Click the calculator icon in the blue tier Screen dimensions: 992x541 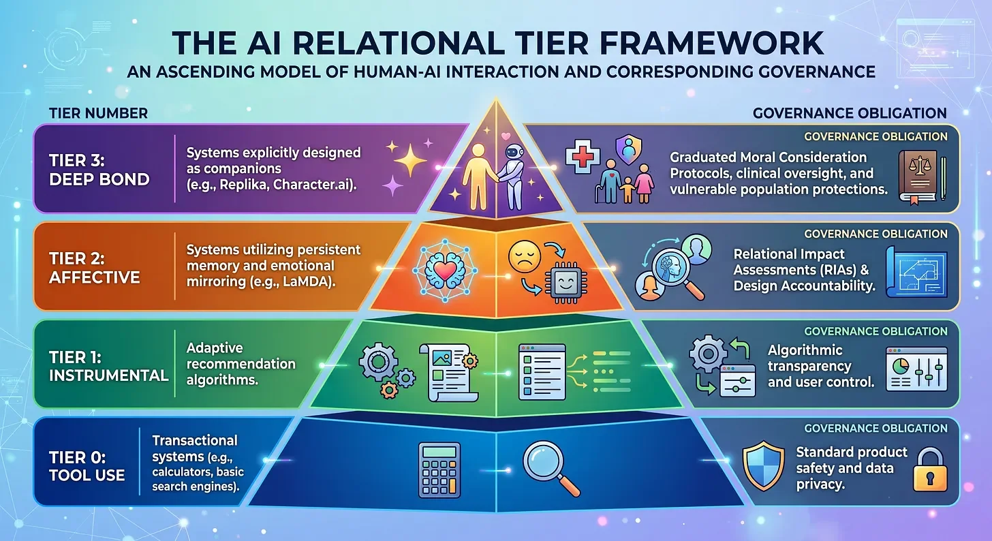coord(439,470)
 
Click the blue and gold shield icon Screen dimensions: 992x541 coord(763,465)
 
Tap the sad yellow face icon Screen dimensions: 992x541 coord(525,256)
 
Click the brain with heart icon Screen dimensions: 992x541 coord(445,270)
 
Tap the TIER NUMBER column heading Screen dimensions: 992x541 coord(98,113)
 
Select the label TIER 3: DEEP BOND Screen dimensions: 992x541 coord(99,170)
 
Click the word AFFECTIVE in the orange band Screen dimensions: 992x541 coord(94,277)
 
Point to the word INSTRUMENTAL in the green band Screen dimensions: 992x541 coord(108,375)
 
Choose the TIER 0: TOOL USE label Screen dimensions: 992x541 coord(87,466)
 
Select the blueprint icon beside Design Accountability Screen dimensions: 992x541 coord(916,272)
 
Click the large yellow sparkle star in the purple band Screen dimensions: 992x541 coord(410,160)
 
